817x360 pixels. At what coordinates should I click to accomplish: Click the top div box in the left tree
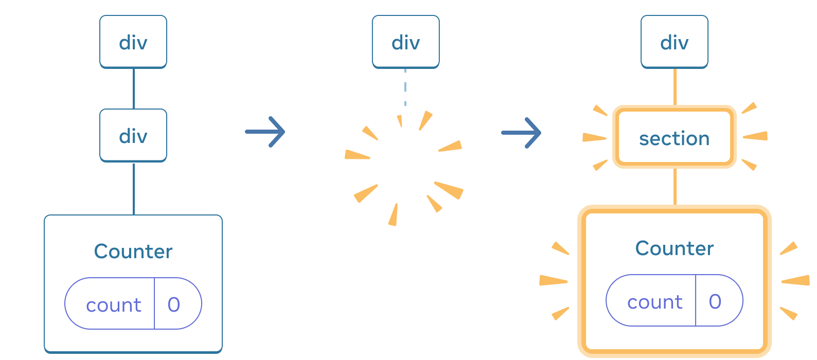click(x=133, y=42)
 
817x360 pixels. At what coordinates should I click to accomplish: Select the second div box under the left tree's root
click(x=133, y=136)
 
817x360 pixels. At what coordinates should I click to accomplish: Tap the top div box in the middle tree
click(x=405, y=42)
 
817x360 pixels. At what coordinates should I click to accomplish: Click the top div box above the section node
click(x=674, y=42)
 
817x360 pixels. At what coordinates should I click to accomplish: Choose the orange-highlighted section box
click(x=674, y=138)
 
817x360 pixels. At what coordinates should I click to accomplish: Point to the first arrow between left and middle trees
click(x=265, y=132)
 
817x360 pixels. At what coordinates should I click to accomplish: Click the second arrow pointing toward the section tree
click(x=521, y=133)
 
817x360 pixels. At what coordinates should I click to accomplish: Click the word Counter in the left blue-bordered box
click(x=133, y=251)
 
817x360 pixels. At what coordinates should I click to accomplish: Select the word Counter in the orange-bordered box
click(x=674, y=248)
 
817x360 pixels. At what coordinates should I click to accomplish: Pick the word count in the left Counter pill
click(x=113, y=305)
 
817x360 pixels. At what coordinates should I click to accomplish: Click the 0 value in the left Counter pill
click(x=174, y=305)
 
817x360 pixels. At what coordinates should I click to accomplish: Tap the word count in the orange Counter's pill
click(x=654, y=302)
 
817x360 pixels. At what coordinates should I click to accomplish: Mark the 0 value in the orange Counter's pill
click(x=715, y=302)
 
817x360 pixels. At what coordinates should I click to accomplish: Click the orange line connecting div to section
click(x=674, y=86)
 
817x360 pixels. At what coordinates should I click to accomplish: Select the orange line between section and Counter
click(x=674, y=186)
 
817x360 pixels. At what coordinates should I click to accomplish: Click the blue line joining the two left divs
click(x=134, y=88)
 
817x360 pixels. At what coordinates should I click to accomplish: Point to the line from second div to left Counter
click(x=134, y=188)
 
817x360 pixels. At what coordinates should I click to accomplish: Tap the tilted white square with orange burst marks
click(x=405, y=167)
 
